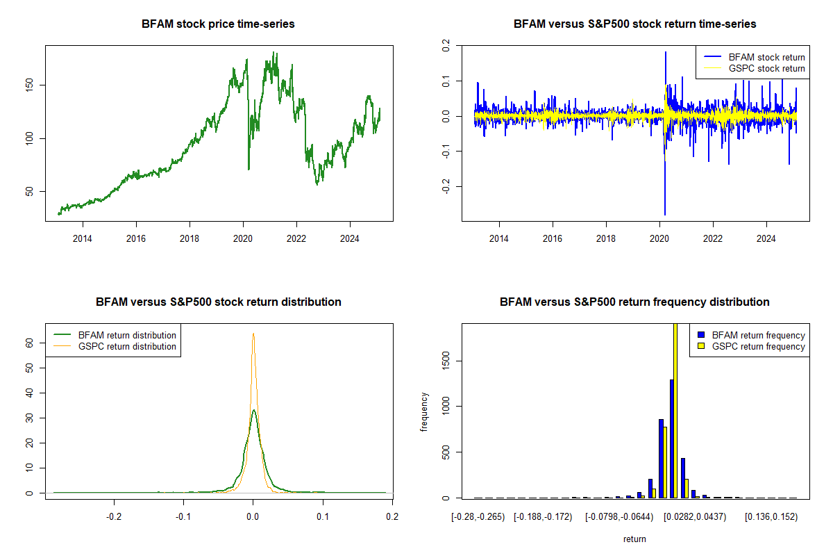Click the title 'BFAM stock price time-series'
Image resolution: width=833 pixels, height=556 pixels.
point(218,24)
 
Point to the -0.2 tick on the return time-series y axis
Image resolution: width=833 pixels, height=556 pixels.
point(446,186)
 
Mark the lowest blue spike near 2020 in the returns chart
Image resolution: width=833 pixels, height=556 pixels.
point(665,214)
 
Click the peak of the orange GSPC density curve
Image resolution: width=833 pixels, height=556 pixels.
point(253,334)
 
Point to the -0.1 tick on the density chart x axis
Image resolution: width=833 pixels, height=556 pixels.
point(183,517)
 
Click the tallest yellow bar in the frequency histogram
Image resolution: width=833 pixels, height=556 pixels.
point(675,410)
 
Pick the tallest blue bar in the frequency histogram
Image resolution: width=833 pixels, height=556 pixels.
point(672,438)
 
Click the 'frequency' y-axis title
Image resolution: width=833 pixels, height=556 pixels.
point(424,411)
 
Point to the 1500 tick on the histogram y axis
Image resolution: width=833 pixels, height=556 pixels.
point(446,360)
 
